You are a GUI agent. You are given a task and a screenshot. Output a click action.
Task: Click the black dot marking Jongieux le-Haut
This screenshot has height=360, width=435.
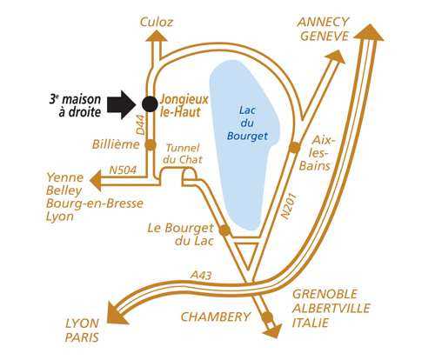tap(150, 103)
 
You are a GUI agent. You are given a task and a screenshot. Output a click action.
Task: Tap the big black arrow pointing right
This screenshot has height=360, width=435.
tap(122, 104)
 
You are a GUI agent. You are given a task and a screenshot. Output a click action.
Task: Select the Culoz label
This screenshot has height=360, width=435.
tap(157, 22)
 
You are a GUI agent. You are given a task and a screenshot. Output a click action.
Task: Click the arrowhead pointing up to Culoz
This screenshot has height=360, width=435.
tap(157, 35)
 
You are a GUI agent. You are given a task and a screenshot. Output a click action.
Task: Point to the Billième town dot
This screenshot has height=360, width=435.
tap(151, 144)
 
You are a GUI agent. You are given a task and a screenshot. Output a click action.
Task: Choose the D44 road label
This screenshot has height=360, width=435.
tap(140, 125)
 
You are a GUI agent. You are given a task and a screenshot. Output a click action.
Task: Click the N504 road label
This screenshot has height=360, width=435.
tap(123, 170)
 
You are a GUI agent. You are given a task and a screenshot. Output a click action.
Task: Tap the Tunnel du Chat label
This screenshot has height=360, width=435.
tap(183, 154)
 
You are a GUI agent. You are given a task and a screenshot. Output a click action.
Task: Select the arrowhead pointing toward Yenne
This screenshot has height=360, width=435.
tap(96, 180)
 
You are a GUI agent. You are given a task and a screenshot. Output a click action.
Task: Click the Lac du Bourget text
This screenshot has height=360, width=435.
tap(247, 123)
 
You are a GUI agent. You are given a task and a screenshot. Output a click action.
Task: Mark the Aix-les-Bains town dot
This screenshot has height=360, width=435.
tap(294, 147)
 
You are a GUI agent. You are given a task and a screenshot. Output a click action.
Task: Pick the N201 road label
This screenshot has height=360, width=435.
tap(290, 206)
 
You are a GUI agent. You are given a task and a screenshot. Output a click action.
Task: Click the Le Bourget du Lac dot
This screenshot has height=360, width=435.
tap(224, 230)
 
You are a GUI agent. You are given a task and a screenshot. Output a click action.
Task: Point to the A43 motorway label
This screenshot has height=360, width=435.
tap(201, 275)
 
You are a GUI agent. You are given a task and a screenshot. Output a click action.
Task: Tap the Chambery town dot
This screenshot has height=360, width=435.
tap(267, 317)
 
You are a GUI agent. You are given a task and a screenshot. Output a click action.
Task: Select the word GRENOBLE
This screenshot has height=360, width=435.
tap(325, 294)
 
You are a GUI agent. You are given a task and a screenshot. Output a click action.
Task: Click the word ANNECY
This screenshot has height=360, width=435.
tap(324, 22)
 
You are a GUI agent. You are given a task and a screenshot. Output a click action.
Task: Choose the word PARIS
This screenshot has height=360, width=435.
tap(82, 337)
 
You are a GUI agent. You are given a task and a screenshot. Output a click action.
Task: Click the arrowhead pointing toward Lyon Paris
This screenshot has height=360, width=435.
tap(117, 314)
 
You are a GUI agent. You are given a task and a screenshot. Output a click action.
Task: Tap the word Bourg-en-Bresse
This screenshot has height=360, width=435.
tap(95, 203)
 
